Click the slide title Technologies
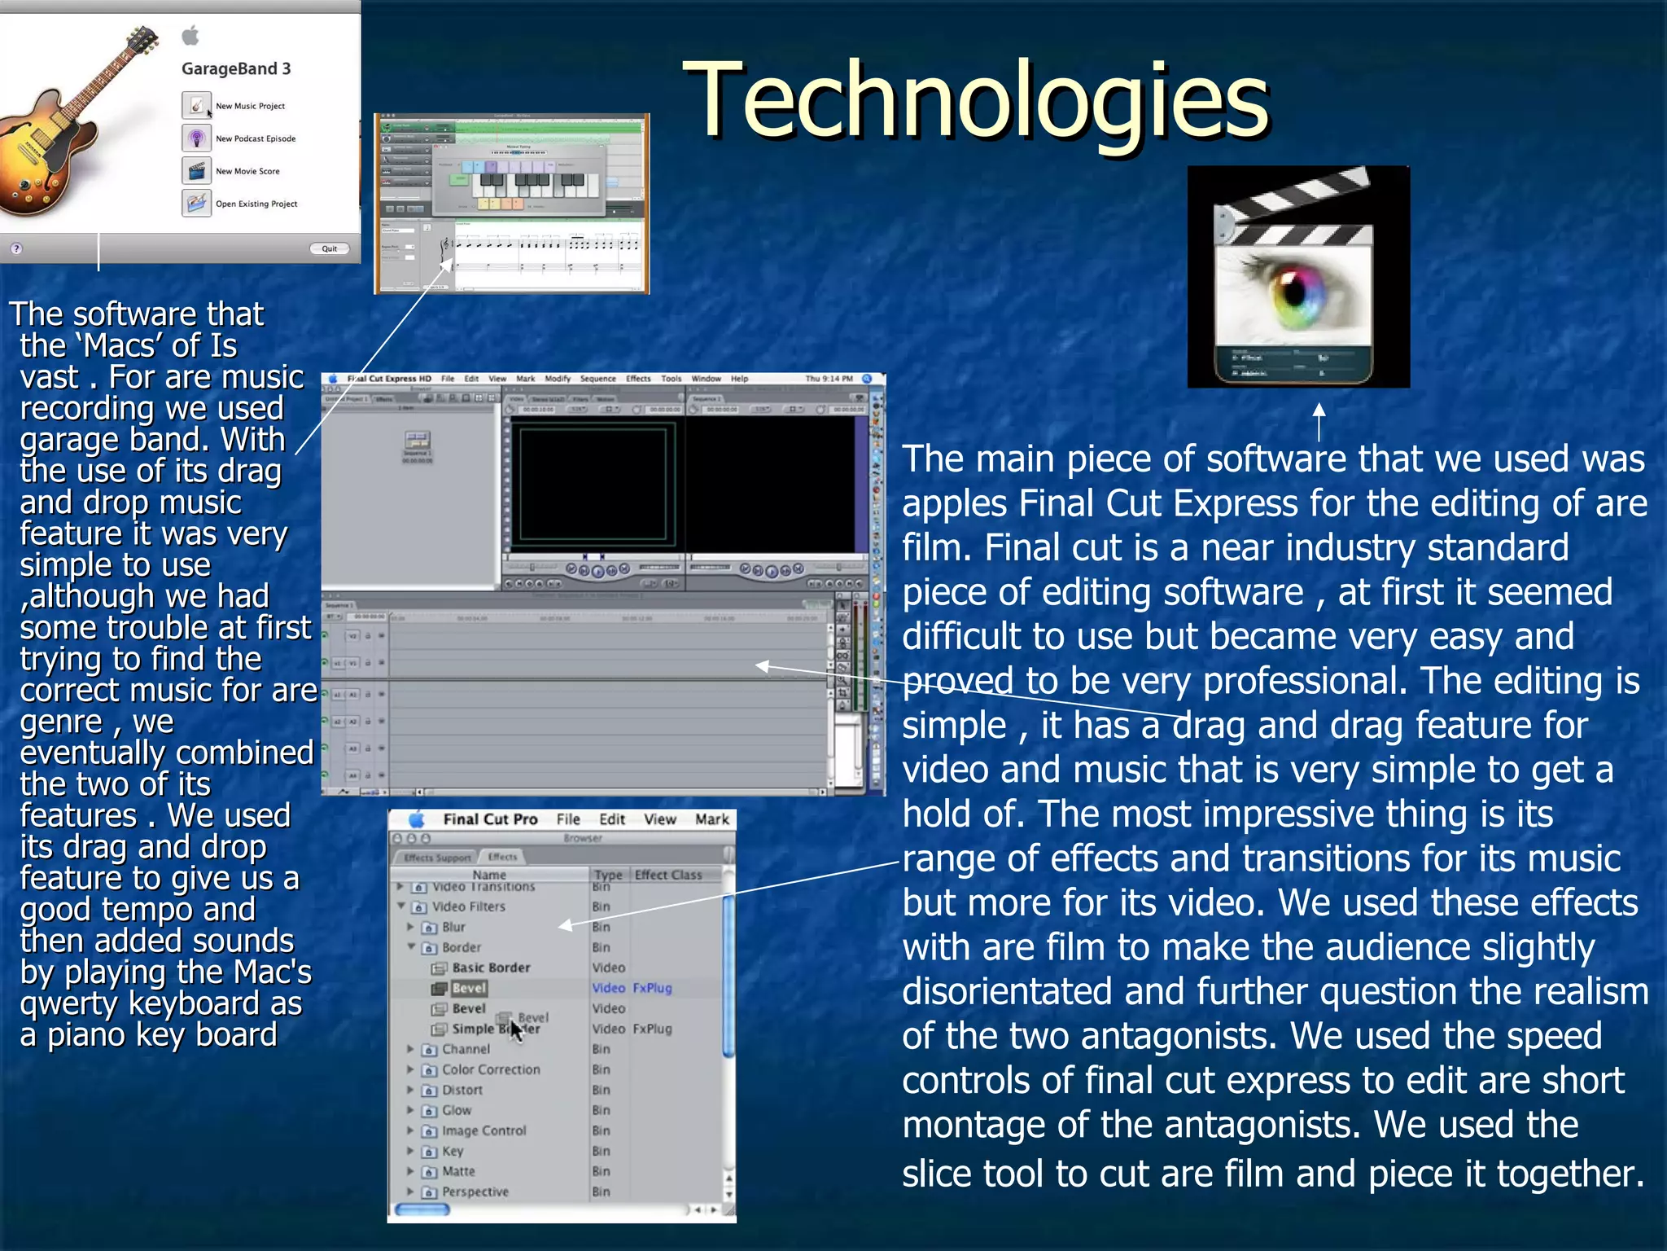click(x=975, y=101)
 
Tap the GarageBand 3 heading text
click(x=236, y=69)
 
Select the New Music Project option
click(x=249, y=106)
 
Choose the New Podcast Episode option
click(x=255, y=138)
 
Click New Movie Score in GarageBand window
click(x=247, y=171)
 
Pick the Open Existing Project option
click(x=256, y=204)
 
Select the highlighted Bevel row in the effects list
click(x=469, y=988)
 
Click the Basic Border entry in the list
click(x=491, y=968)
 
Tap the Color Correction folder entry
click(x=490, y=1069)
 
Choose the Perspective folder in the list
click(x=475, y=1192)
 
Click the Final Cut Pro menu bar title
click(x=490, y=819)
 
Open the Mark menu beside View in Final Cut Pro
click(x=711, y=819)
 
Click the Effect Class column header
click(x=667, y=875)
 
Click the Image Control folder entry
click(x=483, y=1130)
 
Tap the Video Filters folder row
click(x=468, y=906)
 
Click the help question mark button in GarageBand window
click(x=16, y=248)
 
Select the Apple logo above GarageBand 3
click(x=190, y=35)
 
